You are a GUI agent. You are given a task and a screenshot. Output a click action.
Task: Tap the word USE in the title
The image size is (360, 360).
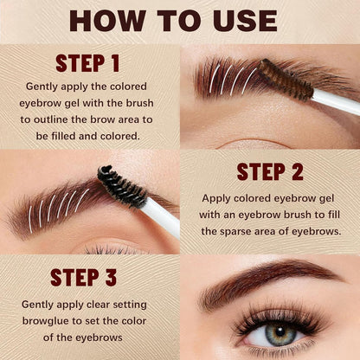tap(245, 21)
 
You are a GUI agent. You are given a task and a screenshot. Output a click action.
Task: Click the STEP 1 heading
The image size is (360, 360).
tap(89, 64)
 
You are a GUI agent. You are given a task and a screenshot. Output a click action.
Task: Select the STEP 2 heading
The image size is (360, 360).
tap(269, 170)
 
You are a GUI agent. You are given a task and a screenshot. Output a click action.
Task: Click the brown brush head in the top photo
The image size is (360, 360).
tap(285, 79)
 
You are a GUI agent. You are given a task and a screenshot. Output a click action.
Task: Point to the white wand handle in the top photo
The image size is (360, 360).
tap(336, 101)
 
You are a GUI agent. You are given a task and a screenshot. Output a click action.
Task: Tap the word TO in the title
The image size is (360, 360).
tap(183, 21)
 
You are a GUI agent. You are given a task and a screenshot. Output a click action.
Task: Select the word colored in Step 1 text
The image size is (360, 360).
tap(121, 87)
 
